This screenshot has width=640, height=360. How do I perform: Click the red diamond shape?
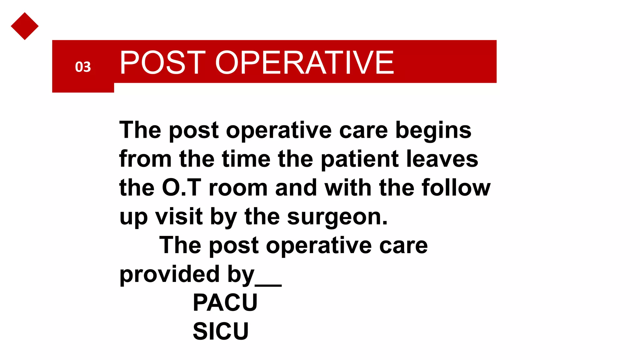click(x=24, y=26)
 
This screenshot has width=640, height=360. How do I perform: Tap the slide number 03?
click(x=83, y=67)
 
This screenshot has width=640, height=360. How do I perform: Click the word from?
click(x=145, y=159)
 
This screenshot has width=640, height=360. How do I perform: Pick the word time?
click(x=246, y=159)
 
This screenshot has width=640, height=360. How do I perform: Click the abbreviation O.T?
click(x=182, y=188)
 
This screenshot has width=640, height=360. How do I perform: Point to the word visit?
click(x=179, y=217)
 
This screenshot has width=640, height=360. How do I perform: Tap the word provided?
click(x=169, y=274)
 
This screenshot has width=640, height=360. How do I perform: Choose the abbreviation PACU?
click(x=225, y=302)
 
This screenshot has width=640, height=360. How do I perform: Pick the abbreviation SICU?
click(x=221, y=331)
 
